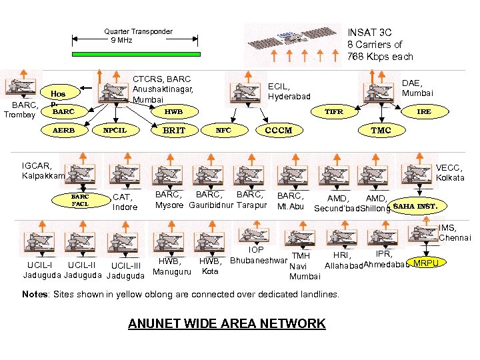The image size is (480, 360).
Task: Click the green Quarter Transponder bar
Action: [x=135, y=54]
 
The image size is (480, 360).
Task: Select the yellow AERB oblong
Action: [x=64, y=131]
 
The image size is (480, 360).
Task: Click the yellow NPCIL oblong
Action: [x=115, y=131]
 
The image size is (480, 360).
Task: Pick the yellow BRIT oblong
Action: [x=174, y=131]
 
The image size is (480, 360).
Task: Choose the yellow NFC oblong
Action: [x=224, y=131]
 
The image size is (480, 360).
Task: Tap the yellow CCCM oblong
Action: [x=279, y=131]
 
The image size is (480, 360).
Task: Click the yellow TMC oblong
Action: [x=381, y=131]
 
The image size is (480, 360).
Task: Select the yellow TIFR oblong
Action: [x=333, y=112]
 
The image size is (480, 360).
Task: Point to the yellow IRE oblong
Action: [x=423, y=112]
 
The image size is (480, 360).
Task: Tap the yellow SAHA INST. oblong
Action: [x=415, y=206]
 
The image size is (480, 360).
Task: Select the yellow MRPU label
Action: [x=426, y=263]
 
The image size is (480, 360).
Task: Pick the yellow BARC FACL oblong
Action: [x=81, y=201]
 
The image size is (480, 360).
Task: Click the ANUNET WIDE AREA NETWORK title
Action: [x=227, y=324]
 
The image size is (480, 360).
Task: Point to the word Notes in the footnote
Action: [x=35, y=294]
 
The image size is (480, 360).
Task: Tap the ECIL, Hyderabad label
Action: [x=289, y=91]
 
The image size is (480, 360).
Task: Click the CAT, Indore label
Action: [x=125, y=202]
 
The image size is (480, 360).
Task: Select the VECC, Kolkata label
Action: [x=450, y=173]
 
